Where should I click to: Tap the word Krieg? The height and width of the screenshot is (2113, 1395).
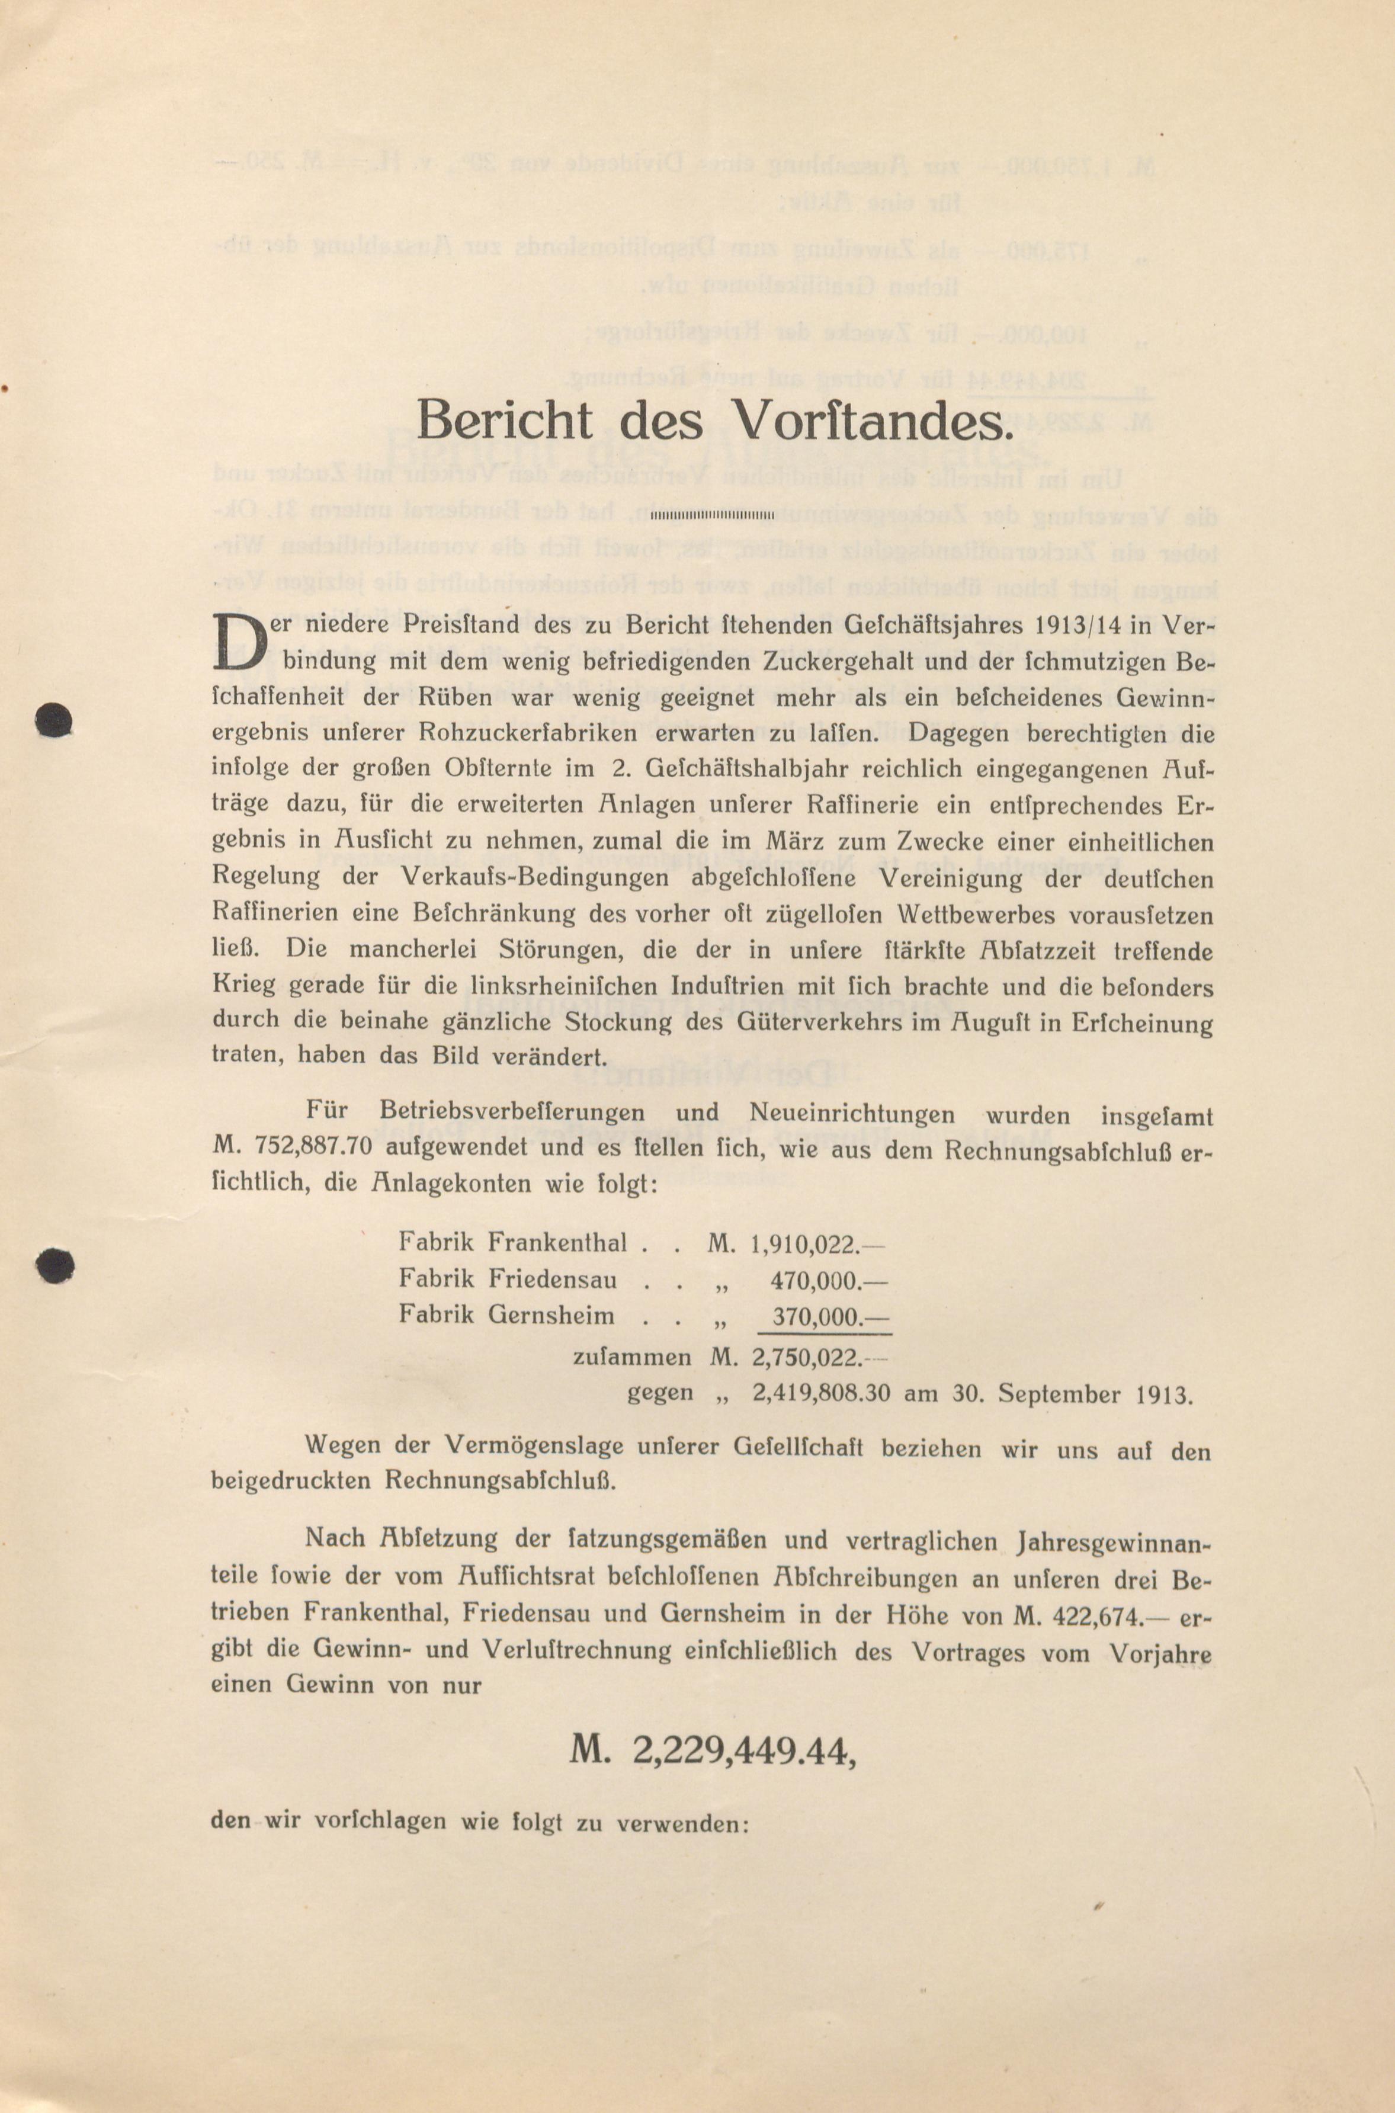coord(244,987)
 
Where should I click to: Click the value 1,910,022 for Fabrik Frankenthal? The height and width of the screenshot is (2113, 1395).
coord(805,1243)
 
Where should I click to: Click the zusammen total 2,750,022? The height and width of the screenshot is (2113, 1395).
coord(805,1358)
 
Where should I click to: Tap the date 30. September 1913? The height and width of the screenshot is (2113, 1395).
coord(1055,1394)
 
